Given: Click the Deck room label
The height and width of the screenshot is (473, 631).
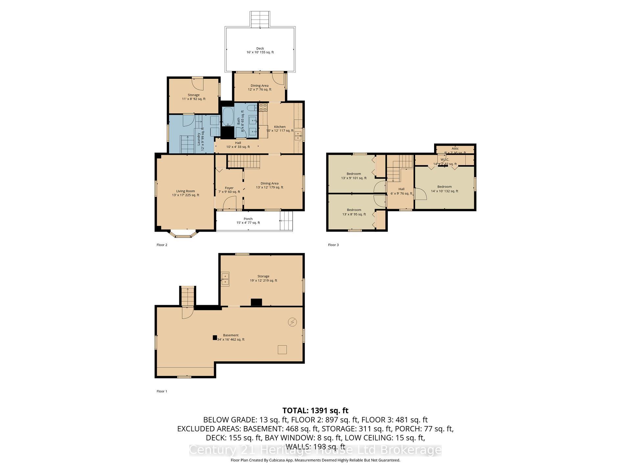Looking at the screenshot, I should tap(260, 50).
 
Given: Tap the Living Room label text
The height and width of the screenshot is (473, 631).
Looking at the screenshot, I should tap(185, 193).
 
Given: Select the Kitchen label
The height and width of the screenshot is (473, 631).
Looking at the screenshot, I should tap(280, 128).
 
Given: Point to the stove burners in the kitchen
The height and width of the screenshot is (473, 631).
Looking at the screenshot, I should tap(263, 107).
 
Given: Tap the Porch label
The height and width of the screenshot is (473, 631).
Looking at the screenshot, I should tap(248, 221).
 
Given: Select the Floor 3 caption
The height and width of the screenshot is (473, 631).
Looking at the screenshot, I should tap(333, 245).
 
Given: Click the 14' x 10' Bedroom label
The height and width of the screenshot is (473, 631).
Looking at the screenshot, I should tap(444, 189).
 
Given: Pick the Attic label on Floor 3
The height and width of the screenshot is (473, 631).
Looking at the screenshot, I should tap(455, 149).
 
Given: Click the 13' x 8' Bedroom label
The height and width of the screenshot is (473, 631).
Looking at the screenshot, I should tap(354, 212).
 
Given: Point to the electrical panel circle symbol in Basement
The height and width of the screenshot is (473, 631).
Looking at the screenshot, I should tap(292, 322).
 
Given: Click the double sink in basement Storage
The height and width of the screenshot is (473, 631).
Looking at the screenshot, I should tap(225, 279).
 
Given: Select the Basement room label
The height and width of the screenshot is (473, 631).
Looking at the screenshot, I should tap(231, 337).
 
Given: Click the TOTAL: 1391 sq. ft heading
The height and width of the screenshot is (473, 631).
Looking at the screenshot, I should tap(315, 411).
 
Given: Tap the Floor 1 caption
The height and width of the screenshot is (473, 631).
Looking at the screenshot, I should tap(162, 391).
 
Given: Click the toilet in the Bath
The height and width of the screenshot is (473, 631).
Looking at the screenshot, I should tap(251, 108).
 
